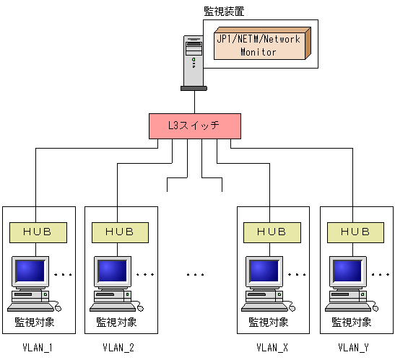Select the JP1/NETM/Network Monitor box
click(259, 45)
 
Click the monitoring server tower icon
click(193, 61)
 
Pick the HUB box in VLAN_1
click(37, 232)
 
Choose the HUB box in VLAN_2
click(120, 232)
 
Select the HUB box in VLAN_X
click(272, 232)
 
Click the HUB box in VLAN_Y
click(355, 232)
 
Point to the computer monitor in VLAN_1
click(30, 271)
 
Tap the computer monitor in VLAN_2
click(112, 271)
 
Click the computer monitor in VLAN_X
click(265, 271)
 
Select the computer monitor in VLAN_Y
click(347, 271)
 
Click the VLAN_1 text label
click(37, 347)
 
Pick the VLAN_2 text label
click(120, 347)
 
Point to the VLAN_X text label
click(272, 347)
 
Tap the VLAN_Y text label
click(355, 347)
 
